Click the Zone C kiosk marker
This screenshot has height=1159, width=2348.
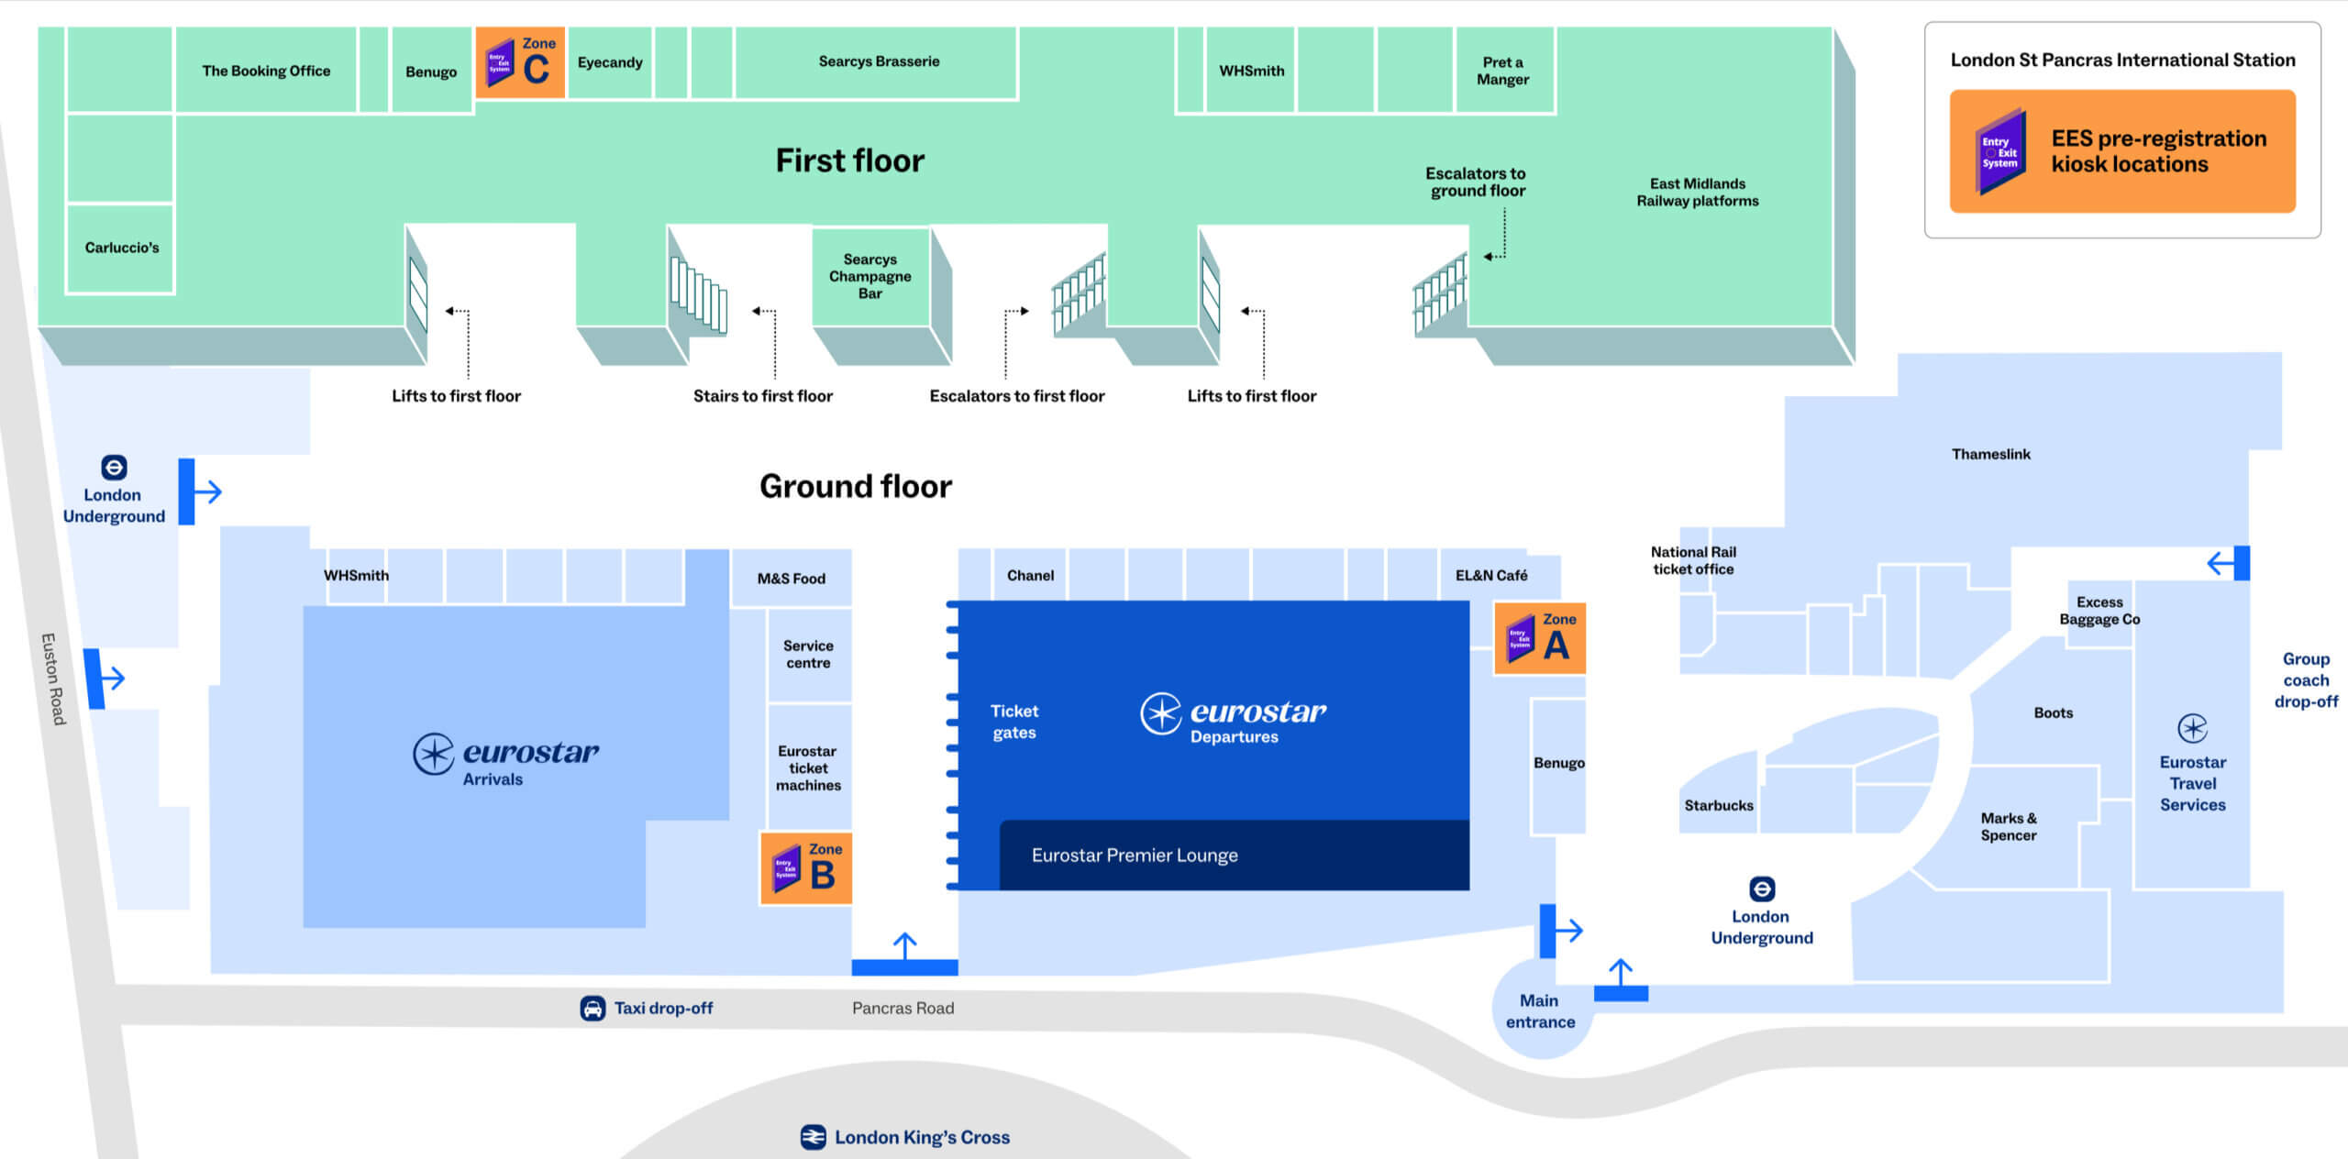(520, 62)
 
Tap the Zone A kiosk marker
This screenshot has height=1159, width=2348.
(1539, 638)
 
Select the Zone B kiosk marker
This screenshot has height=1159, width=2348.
(806, 868)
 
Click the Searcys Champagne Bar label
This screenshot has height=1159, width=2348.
(870, 276)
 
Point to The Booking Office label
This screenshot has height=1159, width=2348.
(266, 71)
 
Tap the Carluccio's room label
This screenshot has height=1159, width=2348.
(122, 248)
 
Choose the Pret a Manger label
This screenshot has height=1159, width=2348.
(1502, 71)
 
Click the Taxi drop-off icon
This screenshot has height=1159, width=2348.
(593, 1009)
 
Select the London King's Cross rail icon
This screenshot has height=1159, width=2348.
(813, 1137)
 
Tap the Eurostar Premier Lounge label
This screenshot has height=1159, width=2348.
(1135, 855)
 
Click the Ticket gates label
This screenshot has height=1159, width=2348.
(1013, 722)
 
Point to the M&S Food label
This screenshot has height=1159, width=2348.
(791, 579)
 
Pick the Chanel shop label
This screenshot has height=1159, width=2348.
(1030, 575)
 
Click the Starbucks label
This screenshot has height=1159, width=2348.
(1718, 805)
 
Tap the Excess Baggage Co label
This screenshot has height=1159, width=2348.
(2099, 611)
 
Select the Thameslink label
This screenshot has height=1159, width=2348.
(1990, 454)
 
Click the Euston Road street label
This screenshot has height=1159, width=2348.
(53, 679)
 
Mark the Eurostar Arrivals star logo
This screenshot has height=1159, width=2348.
(433, 754)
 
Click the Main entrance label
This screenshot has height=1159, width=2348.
(1540, 1011)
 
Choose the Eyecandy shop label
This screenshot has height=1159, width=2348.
(610, 62)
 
